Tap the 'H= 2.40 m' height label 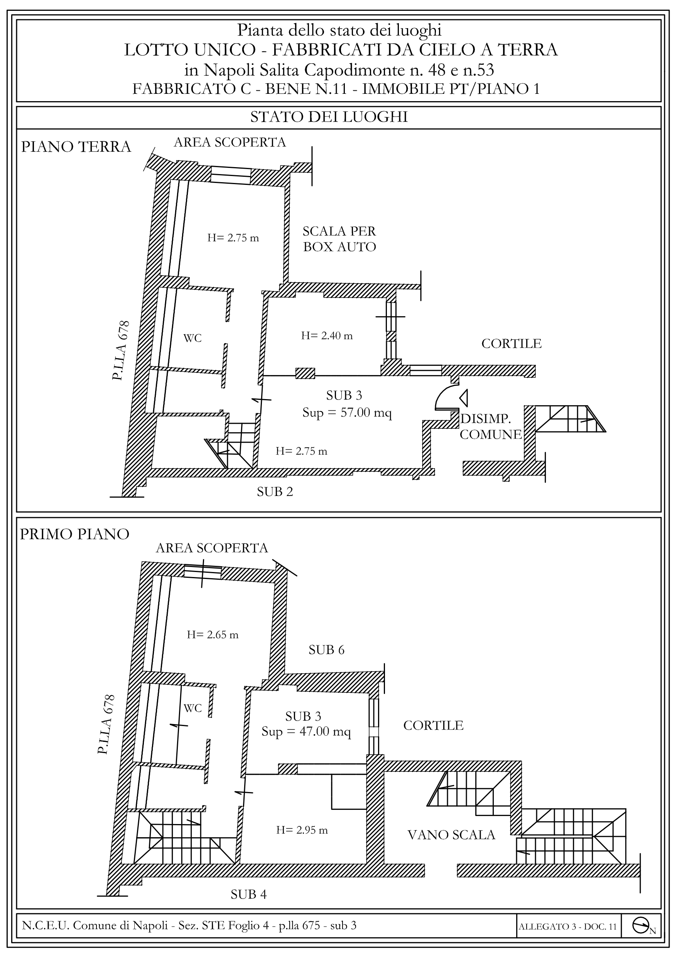point(327,336)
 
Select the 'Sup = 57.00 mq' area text point(347,413)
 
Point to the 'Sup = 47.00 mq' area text point(306,731)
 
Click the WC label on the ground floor point(193,338)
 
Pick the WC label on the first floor point(193,708)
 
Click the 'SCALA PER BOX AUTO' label point(339,239)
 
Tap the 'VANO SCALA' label point(451,835)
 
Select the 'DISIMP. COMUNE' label point(491,427)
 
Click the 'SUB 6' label point(327,650)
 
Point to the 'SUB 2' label point(275,492)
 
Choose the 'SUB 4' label point(248,894)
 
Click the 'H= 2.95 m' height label point(302,830)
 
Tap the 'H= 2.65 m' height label point(213,635)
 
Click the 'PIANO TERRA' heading point(76,147)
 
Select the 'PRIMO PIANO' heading point(75,534)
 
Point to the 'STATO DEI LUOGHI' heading point(329,117)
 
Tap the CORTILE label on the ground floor point(512,344)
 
